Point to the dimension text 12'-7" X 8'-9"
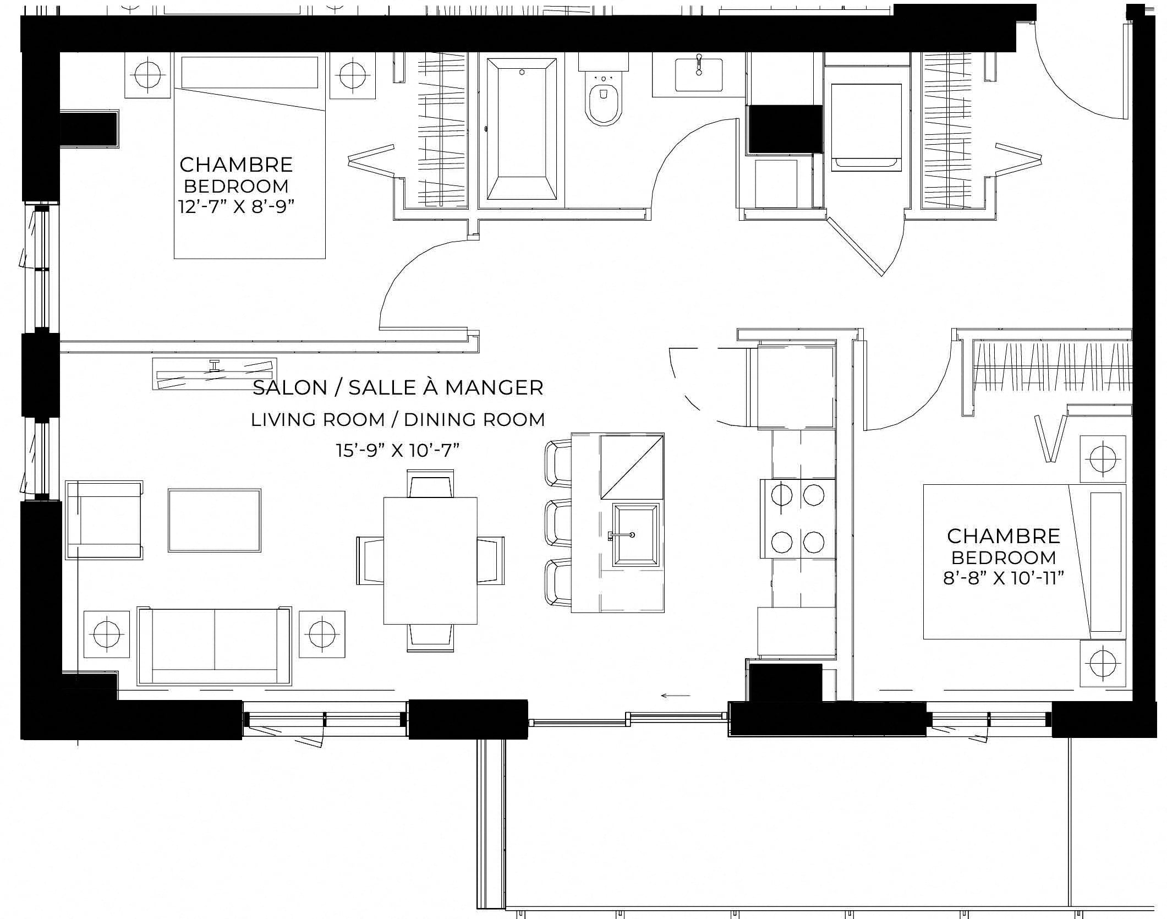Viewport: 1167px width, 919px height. tap(236, 207)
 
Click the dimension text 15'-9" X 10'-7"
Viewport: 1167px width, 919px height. tap(398, 451)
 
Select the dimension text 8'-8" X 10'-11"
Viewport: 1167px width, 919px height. tap(1004, 578)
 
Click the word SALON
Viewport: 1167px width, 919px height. tap(290, 388)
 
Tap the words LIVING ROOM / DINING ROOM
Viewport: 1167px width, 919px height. tap(398, 420)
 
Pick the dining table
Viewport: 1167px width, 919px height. tap(430, 560)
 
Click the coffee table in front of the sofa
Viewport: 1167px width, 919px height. tap(215, 520)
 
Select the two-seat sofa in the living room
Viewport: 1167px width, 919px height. tap(214, 646)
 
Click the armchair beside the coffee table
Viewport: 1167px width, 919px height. tap(104, 520)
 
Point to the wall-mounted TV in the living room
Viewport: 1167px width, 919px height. tap(214, 375)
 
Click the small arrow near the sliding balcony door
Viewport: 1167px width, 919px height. tap(675, 696)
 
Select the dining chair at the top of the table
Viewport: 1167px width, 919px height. tap(430, 483)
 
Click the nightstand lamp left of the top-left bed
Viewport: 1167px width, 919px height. tap(147, 75)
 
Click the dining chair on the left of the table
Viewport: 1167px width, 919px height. tap(370, 560)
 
